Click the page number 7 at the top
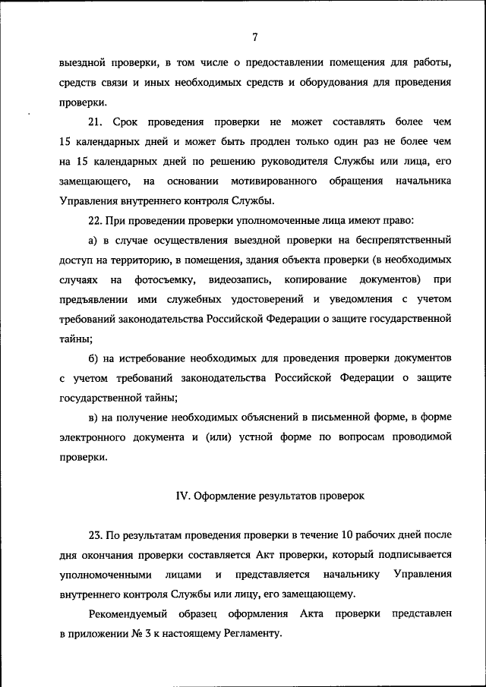coord(255,36)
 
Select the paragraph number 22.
coord(96,220)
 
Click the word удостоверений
coord(254,299)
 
